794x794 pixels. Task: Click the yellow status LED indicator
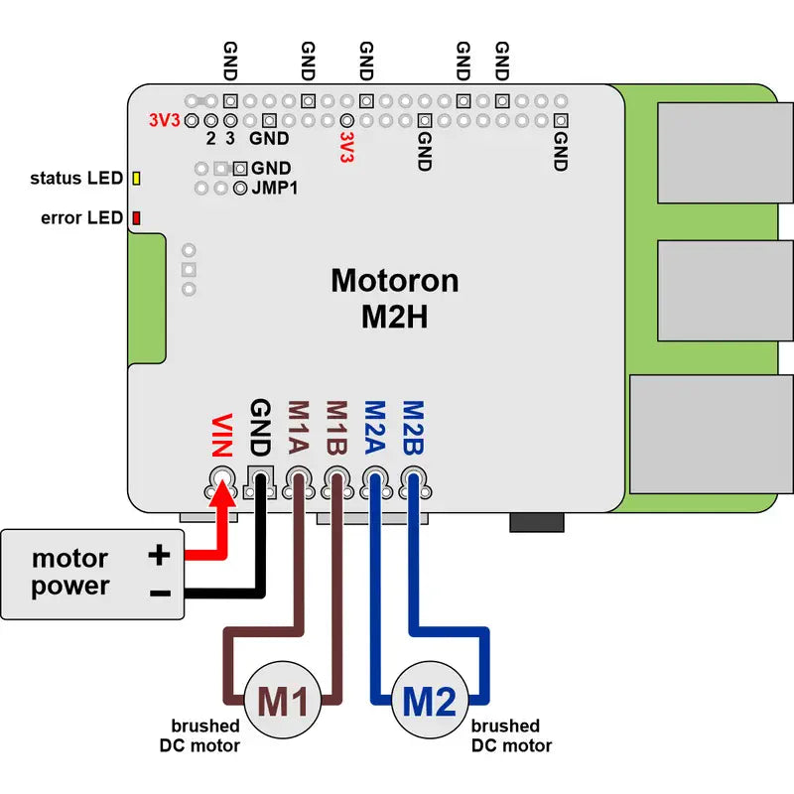pyautogui.click(x=136, y=179)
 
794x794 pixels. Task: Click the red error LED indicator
pyautogui.click(x=136, y=217)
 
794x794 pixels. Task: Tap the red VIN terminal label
pyautogui.click(x=221, y=435)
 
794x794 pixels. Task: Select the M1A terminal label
pyautogui.click(x=297, y=427)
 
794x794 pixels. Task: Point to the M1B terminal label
pyautogui.click(x=336, y=427)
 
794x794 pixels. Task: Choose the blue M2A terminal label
pyautogui.click(x=375, y=427)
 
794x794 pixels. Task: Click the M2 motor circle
pyautogui.click(x=430, y=702)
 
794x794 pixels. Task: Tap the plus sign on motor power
pyautogui.click(x=159, y=555)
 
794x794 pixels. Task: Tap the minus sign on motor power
pyautogui.click(x=160, y=593)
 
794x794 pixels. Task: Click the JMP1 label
pyautogui.click(x=274, y=187)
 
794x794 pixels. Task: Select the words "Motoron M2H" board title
pyautogui.click(x=394, y=299)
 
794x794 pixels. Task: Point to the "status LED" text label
pyautogui.click(x=76, y=179)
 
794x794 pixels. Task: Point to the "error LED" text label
pyautogui.click(x=82, y=217)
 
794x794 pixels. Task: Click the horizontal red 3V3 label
pyautogui.click(x=163, y=120)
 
